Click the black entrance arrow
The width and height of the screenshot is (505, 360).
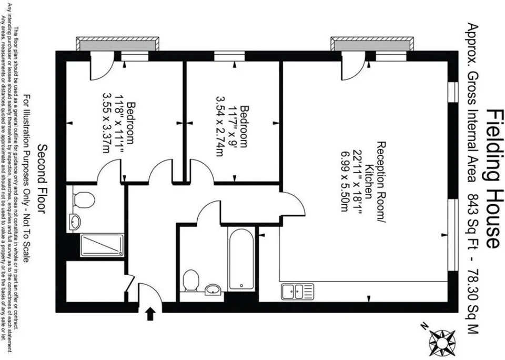pos(150,314)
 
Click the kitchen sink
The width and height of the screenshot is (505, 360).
pos(297,292)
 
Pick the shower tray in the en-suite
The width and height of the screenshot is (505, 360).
pos(102,245)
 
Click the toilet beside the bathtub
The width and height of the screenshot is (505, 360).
pos(190,281)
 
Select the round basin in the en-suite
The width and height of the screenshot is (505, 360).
pos(75,222)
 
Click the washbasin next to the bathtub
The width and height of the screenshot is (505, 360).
pos(213,289)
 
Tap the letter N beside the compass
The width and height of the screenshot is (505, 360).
pos(425,326)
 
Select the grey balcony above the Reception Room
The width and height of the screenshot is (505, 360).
pos(372,44)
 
